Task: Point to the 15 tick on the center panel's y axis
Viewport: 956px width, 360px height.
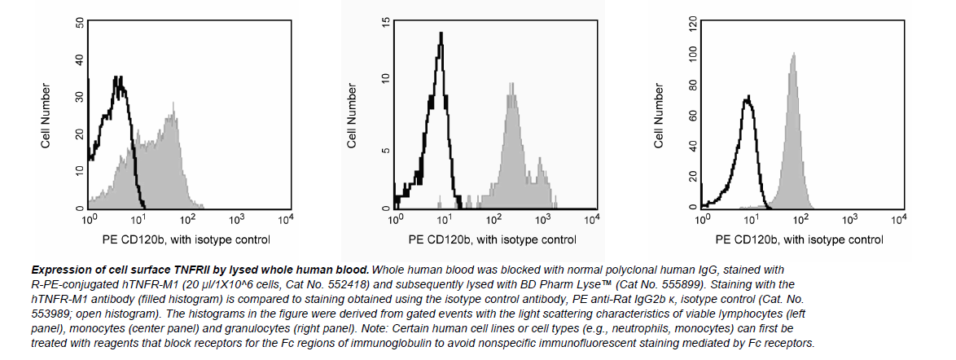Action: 386,24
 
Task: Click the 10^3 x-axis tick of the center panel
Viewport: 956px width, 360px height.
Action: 542,219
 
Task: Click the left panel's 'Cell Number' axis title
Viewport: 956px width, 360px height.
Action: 47,116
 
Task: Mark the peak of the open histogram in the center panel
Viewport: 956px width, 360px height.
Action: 441,33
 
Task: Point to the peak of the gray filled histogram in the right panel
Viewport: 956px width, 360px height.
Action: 793,55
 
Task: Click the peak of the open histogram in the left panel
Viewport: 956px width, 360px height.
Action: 120,77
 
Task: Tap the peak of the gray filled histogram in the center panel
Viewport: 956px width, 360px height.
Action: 511,82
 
